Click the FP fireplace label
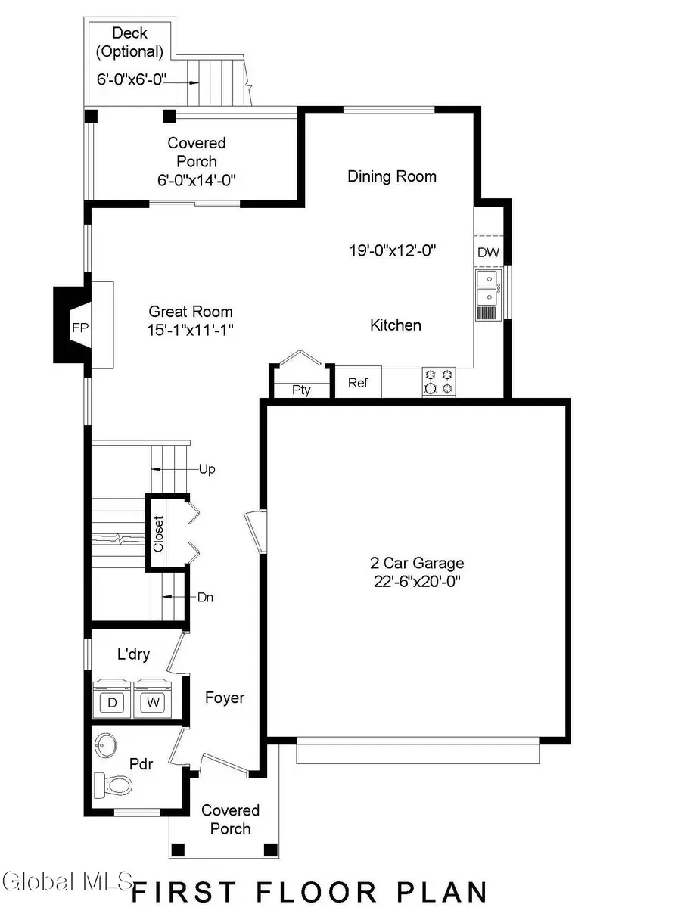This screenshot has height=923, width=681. coord(80,328)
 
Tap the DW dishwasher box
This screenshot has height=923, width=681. coord(488,253)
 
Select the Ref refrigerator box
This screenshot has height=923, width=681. coord(358,383)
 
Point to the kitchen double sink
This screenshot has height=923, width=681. coord(487,287)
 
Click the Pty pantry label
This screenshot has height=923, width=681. coord(301,390)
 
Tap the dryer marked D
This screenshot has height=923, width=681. coord(112,702)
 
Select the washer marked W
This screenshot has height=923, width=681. coord(154,702)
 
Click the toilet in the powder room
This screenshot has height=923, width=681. coord(112,785)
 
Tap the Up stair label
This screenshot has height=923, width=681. coord(207,469)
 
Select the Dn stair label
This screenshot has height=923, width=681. coord(205,597)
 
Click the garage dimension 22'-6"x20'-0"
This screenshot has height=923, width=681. coord(416,581)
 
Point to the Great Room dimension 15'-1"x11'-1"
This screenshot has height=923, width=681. coord(190,330)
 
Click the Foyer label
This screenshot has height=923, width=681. coord(225,697)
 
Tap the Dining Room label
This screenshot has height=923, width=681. coord(392,176)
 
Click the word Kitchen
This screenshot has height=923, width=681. coord(395,325)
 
